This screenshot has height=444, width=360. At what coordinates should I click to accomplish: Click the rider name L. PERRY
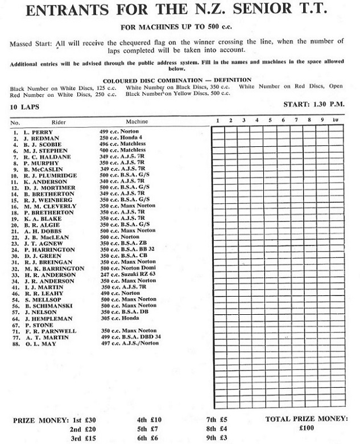click(x=40, y=132)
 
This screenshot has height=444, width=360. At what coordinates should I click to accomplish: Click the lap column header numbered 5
click(x=270, y=121)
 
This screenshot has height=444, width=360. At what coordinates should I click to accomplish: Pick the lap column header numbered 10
click(x=336, y=121)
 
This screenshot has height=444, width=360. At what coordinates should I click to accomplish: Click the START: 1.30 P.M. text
click(x=315, y=105)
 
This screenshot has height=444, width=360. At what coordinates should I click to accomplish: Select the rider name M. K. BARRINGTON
click(x=55, y=269)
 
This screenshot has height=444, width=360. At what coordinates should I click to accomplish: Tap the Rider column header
click(x=59, y=122)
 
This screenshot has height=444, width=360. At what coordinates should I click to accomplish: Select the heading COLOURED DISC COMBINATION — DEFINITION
click(x=179, y=80)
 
